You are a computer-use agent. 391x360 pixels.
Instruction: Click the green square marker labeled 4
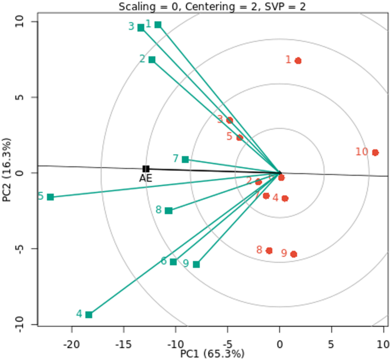click(88, 315)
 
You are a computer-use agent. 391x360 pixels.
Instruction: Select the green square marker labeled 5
click(50, 197)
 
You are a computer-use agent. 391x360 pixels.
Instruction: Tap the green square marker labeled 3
click(141, 28)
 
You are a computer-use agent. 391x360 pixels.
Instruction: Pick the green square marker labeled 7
click(186, 159)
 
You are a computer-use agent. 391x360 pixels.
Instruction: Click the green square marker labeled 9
click(196, 264)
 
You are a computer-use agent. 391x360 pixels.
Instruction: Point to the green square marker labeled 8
click(168, 211)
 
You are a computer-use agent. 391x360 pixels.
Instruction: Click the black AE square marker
click(146, 169)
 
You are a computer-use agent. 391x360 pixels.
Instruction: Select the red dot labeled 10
click(375, 152)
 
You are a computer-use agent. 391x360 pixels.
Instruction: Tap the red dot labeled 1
click(298, 61)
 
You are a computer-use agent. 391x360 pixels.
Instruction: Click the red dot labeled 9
click(293, 254)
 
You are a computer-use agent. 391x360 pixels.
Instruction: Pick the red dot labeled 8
click(269, 251)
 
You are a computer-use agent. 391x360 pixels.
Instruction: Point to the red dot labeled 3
click(229, 120)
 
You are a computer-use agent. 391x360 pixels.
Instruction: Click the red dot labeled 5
click(240, 137)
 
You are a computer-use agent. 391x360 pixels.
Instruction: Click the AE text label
click(146, 179)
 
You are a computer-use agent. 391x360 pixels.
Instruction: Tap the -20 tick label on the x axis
click(71, 345)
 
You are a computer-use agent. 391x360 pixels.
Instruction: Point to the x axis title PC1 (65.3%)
click(212, 354)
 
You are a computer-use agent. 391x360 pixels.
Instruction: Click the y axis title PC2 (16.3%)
click(7, 169)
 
